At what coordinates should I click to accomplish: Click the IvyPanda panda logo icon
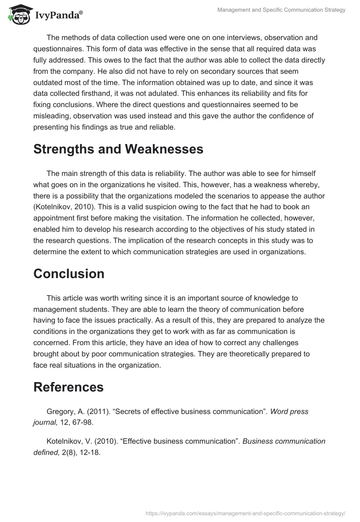18,14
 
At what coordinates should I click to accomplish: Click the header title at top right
281,10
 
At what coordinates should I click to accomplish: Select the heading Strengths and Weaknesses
118,149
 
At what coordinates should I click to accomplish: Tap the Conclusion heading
69,274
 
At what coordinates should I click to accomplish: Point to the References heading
68,387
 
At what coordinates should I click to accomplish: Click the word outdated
51,83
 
